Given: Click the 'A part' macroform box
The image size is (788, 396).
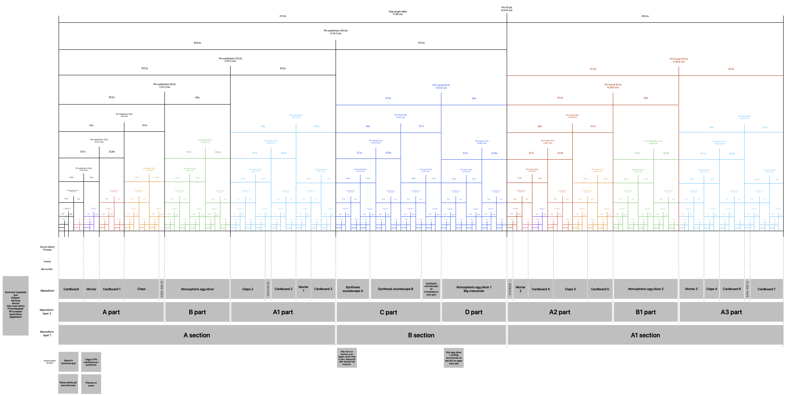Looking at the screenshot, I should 111,312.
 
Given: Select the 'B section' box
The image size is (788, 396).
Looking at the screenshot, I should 421,335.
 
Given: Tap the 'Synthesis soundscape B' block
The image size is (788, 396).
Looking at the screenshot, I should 396,289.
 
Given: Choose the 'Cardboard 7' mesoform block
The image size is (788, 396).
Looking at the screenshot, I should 766,289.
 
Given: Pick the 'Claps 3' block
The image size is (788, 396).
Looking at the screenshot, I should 570,289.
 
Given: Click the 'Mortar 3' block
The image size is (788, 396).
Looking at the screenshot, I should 691,289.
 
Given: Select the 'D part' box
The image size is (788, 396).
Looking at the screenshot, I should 474,312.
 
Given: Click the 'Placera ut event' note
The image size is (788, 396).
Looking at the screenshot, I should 91,384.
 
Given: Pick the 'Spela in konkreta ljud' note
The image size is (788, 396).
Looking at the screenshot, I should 68,362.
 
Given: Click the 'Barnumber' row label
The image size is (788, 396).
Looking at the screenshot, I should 47,269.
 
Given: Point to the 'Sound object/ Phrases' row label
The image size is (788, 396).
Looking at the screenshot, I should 47,248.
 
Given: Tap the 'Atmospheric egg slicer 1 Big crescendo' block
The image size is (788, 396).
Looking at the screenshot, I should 474,289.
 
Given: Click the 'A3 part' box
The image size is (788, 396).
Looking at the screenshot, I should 731,312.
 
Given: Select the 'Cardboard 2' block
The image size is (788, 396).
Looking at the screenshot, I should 283,289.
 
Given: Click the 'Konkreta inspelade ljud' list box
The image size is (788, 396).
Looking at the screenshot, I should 16,306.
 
